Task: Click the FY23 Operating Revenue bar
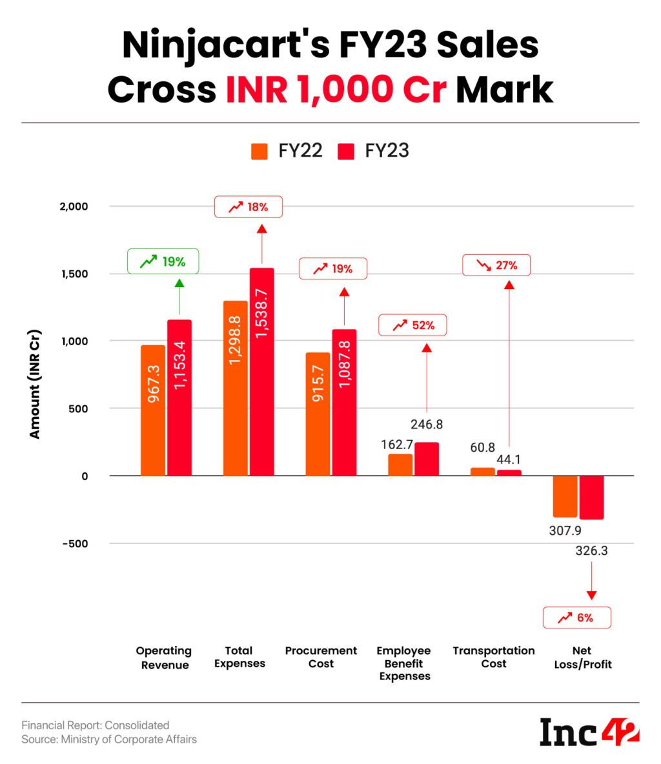[x=179, y=397]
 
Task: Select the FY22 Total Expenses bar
[x=236, y=388]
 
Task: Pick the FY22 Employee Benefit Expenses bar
[x=400, y=465]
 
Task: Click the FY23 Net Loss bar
[x=591, y=498]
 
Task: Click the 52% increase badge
[x=412, y=325]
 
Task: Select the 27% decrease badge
[x=496, y=265]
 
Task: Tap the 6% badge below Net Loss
[x=576, y=618]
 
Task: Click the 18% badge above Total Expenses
[x=248, y=207]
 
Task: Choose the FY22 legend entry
[x=287, y=151]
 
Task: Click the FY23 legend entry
[x=374, y=151]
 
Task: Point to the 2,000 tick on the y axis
[x=75, y=206]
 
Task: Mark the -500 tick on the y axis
[x=75, y=543]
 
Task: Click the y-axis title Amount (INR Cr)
[x=35, y=385]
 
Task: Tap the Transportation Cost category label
[x=494, y=657]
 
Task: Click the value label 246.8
[x=427, y=425]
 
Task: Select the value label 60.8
[x=483, y=447]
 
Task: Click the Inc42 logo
[x=589, y=732]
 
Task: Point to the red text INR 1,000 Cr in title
[x=336, y=89]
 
